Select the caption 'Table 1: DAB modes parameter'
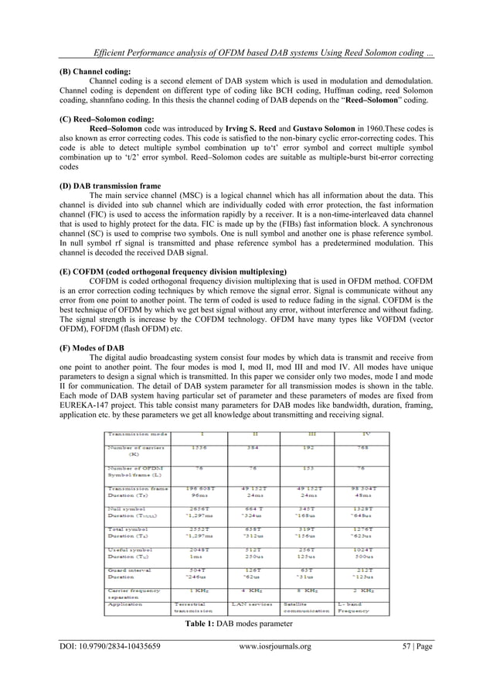[x=246, y=645]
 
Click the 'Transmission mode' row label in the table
[x=134, y=433]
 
